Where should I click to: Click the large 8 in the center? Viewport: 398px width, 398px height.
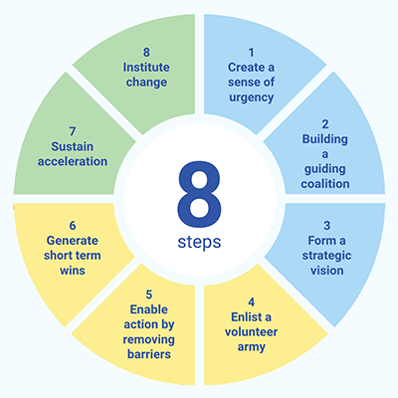point(199,195)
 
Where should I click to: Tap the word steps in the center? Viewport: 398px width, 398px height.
point(199,243)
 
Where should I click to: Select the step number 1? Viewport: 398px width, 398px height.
point(251,53)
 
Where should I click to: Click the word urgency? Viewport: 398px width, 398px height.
point(251,98)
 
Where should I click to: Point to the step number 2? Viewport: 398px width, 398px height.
point(325,124)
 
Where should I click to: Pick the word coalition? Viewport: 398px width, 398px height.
point(325,184)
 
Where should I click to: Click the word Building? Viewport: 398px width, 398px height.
point(325,139)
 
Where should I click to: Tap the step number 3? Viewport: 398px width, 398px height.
point(327,226)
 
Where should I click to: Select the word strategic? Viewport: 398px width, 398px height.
point(327,256)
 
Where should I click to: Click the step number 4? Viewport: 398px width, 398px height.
point(252,302)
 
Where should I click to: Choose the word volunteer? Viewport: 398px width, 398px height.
point(251,332)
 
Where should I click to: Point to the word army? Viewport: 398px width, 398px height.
point(251,347)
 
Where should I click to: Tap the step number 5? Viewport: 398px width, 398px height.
point(149,295)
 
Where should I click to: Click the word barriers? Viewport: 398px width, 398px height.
point(149,354)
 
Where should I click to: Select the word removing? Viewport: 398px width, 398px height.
point(149,340)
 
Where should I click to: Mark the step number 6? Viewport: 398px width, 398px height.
point(73,226)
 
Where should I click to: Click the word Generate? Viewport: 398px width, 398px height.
point(73,241)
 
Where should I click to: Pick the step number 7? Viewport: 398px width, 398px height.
point(73,131)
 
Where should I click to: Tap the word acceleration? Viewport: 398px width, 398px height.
point(73,161)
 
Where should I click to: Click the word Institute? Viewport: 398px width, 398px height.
point(146,68)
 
